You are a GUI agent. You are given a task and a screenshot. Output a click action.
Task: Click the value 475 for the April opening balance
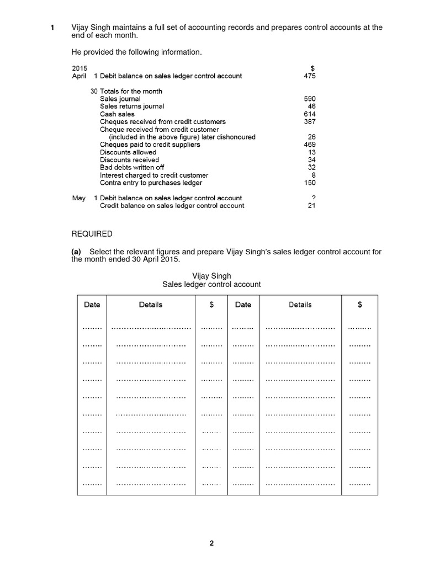tap(310, 76)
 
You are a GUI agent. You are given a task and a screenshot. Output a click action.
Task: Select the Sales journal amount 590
tap(310, 99)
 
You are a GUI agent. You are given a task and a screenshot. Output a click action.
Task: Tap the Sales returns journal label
tap(132, 106)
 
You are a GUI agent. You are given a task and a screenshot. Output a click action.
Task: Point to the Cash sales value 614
tap(310, 114)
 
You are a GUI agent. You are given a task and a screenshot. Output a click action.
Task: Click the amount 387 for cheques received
tap(310, 122)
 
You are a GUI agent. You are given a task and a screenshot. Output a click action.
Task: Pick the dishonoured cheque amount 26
tap(312, 137)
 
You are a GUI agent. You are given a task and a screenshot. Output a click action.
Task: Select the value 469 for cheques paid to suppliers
tap(310, 145)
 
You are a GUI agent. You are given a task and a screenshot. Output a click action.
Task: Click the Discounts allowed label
tap(128, 152)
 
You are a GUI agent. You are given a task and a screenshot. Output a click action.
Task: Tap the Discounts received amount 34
tap(312, 160)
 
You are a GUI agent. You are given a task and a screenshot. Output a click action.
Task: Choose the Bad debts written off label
tap(132, 167)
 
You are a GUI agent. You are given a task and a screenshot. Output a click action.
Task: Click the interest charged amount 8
tap(314, 175)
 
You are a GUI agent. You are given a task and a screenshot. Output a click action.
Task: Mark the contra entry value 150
tap(310, 183)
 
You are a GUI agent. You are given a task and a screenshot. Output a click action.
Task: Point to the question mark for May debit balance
tap(314, 198)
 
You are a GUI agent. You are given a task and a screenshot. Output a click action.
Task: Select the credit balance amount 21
tap(312, 205)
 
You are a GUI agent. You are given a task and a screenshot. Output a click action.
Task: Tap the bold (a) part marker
tap(76, 252)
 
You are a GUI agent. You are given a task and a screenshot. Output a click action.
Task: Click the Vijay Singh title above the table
tap(211, 275)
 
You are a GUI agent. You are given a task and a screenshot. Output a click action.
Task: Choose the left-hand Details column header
tap(151, 305)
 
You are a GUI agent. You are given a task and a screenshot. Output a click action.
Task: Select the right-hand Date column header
tap(243, 305)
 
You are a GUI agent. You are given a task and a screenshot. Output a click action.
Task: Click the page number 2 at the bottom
tap(211, 543)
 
